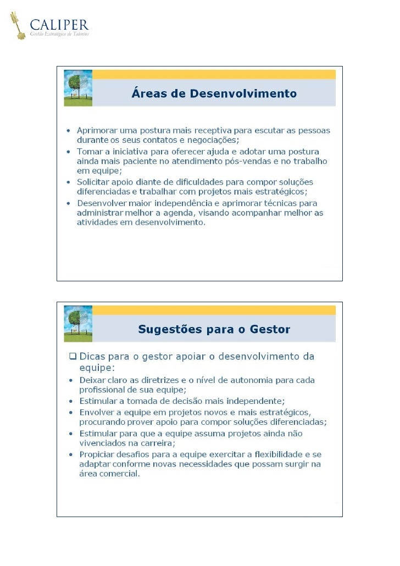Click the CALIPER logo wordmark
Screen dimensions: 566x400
coord(59,24)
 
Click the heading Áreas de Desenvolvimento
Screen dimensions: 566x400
coord(214,93)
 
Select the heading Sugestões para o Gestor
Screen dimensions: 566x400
coord(214,330)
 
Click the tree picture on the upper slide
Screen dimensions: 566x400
coord(78,87)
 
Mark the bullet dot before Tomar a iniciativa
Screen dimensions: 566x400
coord(68,151)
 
